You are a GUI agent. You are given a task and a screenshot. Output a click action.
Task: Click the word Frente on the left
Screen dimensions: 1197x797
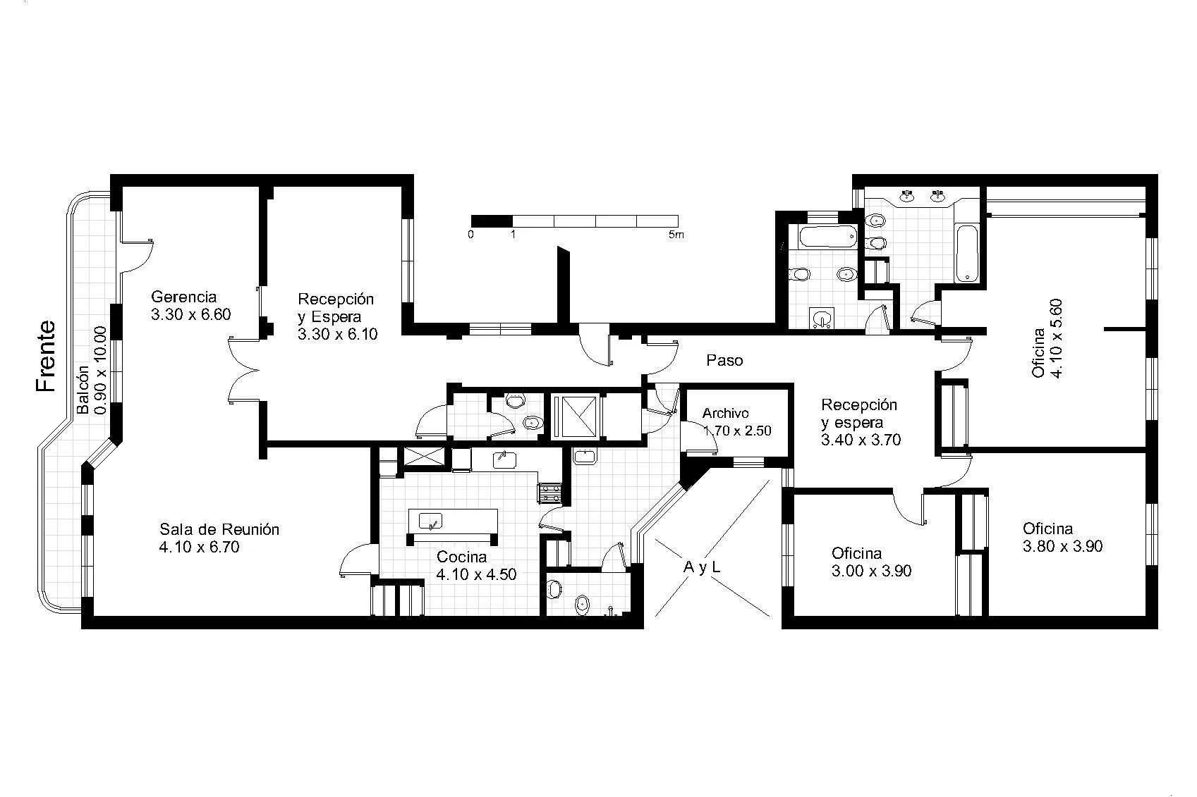click(x=46, y=356)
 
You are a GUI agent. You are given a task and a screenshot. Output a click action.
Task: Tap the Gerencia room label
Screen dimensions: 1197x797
click(x=184, y=297)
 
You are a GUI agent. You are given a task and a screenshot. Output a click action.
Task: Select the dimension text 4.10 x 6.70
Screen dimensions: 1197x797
click(x=200, y=547)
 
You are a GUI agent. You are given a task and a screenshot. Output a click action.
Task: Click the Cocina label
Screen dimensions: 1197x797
click(x=462, y=557)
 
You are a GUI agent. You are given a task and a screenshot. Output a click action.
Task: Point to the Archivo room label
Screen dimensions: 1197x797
click(x=725, y=413)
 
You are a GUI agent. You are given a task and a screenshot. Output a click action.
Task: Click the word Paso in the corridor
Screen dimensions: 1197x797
click(x=724, y=361)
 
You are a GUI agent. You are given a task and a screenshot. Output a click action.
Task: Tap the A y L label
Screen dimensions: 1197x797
click(x=702, y=568)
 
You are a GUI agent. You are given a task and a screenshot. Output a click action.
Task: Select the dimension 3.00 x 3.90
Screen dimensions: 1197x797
click(x=872, y=572)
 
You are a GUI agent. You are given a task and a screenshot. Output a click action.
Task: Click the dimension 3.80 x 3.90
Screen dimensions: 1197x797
click(x=1063, y=547)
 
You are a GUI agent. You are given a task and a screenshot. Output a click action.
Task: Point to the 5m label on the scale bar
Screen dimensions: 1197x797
click(x=676, y=235)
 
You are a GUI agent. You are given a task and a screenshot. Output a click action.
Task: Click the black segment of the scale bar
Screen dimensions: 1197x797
click(x=492, y=221)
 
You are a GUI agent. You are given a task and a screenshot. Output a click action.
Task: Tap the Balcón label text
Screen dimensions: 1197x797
click(x=83, y=390)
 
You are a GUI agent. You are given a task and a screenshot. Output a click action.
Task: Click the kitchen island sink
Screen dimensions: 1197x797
click(x=430, y=521)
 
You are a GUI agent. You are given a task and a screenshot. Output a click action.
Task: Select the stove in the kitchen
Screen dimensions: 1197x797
click(x=549, y=492)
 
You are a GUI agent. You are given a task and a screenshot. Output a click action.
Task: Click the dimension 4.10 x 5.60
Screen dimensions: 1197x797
click(x=1057, y=338)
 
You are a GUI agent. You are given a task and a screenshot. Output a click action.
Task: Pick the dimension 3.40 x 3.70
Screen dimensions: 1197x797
click(x=861, y=440)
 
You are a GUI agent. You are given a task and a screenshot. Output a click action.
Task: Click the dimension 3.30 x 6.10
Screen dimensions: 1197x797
click(x=338, y=335)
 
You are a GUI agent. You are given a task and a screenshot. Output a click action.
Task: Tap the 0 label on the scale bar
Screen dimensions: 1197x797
click(x=470, y=235)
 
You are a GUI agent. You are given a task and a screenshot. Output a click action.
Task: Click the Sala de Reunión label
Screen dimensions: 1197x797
click(x=219, y=529)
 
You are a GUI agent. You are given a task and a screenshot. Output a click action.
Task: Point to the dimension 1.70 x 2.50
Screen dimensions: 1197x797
click(x=737, y=431)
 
